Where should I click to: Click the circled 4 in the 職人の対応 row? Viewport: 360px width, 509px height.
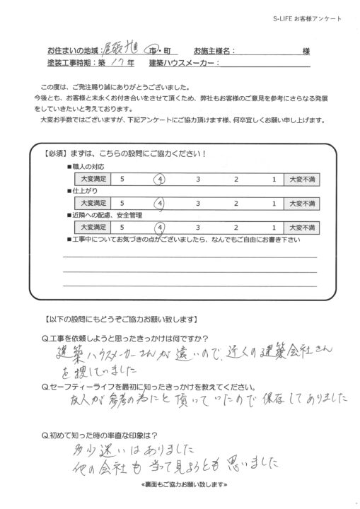(161, 180)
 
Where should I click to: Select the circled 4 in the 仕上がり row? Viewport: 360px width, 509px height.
(161, 204)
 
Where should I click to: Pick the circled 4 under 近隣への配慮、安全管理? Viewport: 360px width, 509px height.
(161, 227)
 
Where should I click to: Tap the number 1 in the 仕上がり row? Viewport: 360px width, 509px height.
(272, 204)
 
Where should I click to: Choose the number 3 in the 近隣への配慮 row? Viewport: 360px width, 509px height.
(199, 227)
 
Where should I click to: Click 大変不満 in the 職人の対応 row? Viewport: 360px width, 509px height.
(298, 180)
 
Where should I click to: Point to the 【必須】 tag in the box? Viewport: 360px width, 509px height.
(57, 153)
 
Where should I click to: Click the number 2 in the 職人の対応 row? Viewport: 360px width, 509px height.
(236, 180)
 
